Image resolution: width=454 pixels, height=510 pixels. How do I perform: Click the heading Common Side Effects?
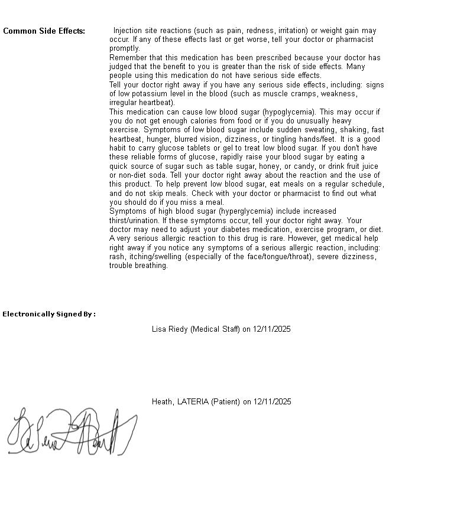[x=44, y=31]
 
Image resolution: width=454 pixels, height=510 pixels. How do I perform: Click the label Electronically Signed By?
[x=48, y=314]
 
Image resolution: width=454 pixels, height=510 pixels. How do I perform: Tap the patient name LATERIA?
[x=193, y=402]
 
